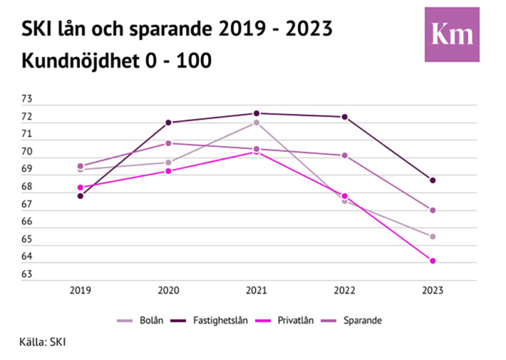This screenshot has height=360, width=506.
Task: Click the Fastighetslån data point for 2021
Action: pos(256,113)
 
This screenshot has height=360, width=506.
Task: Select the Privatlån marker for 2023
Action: pos(433,261)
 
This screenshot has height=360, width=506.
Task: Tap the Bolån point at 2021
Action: pos(256,123)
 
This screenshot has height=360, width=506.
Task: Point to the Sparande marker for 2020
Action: pos(168,143)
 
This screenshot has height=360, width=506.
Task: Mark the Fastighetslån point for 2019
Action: pos(81,195)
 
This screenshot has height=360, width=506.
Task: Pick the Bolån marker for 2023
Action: pos(433,237)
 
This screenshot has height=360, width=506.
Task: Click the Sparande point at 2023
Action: pos(433,210)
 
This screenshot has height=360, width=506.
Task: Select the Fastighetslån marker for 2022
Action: pos(344,117)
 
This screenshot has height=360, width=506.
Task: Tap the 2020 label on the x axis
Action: pos(168,291)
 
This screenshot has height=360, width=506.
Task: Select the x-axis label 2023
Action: pos(433,291)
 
